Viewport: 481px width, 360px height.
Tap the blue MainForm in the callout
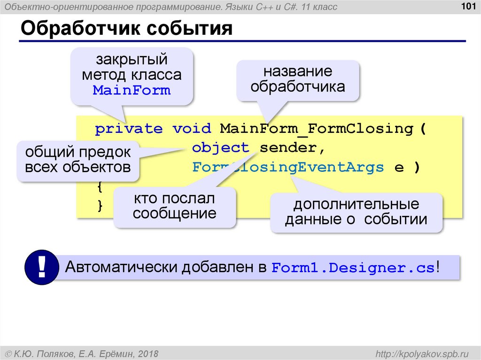coord(132,90)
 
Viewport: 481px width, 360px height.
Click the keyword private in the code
coord(129,129)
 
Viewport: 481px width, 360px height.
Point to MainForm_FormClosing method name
coord(316,129)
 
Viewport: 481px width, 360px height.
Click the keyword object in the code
coord(220,148)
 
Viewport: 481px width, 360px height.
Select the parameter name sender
coord(288,148)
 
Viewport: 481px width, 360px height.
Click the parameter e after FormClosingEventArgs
coord(399,168)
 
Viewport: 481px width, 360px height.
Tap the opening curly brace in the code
coord(99,187)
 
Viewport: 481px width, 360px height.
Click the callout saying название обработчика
coord(298,79)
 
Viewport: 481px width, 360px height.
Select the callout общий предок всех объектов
coord(78,160)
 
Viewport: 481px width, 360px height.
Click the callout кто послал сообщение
coord(174,207)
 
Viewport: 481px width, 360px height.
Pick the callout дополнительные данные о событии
coord(356,212)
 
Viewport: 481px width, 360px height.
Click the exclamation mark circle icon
coord(41,268)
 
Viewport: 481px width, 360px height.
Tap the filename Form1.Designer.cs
coord(353,268)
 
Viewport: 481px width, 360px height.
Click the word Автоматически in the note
coord(121,268)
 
